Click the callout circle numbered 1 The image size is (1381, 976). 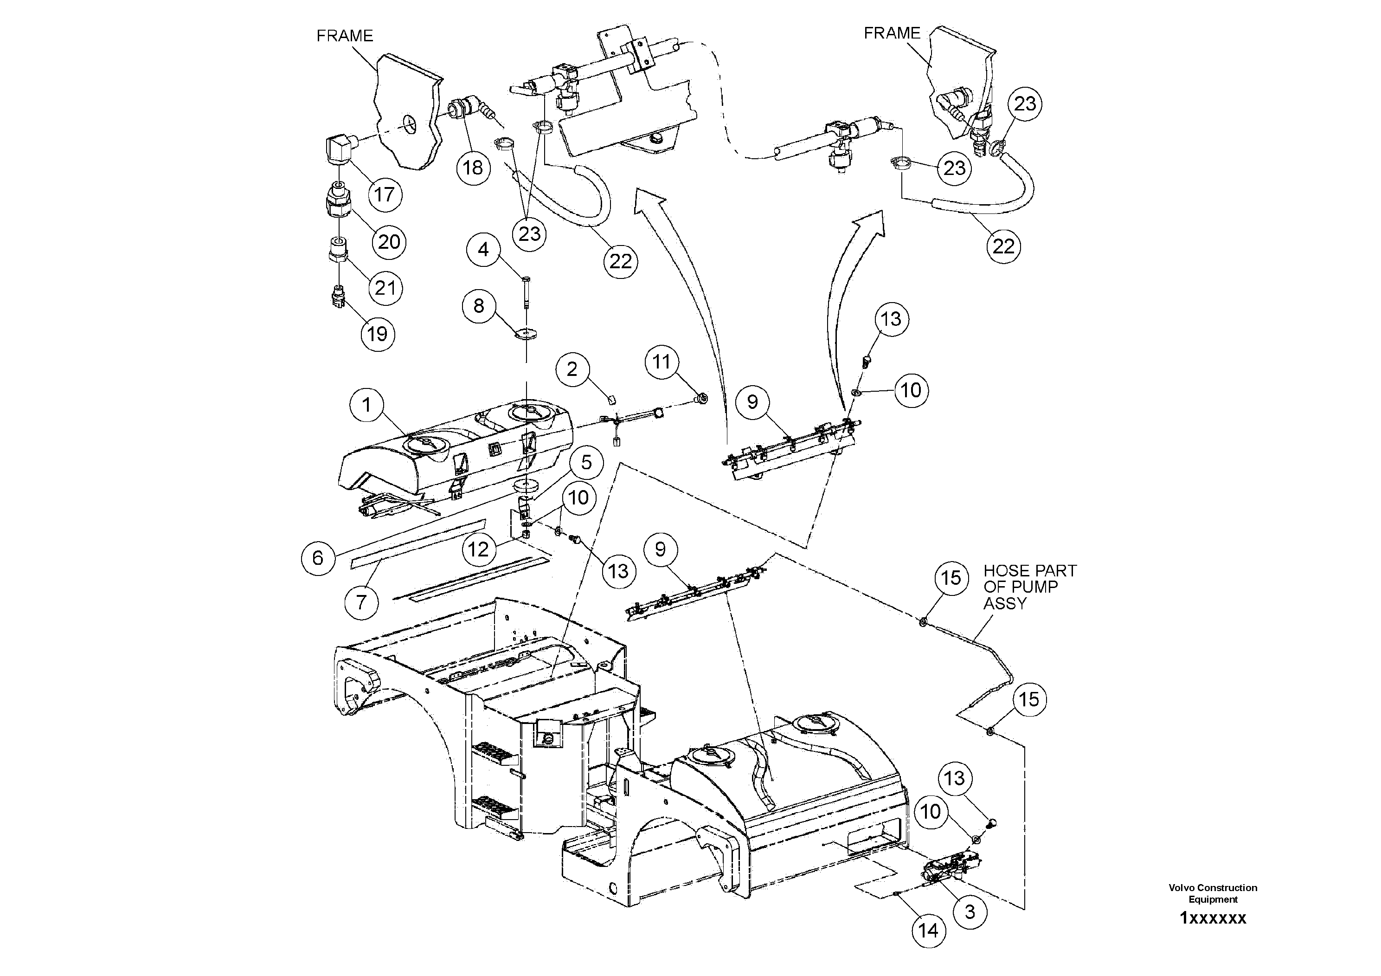(367, 405)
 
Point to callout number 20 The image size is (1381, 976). (389, 242)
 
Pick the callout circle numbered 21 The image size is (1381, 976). (385, 288)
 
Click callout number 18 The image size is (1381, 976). (473, 167)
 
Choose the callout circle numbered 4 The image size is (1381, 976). (483, 250)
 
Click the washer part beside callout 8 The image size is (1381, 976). (527, 332)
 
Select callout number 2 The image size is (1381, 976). (572, 369)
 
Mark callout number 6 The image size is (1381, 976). (318, 558)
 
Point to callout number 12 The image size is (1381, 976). (479, 549)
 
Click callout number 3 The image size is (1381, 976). (970, 911)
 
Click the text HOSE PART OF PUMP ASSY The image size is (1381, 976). (1030, 587)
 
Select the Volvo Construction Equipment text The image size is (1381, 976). (1213, 893)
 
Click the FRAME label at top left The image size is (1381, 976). (345, 36)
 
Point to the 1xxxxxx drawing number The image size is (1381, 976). (1213, 918)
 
